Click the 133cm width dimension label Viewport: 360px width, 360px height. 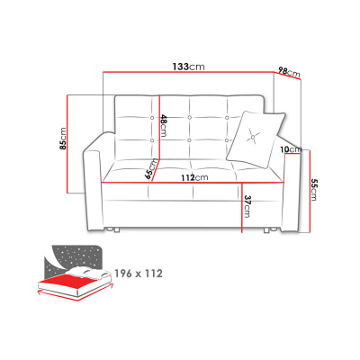(188, 67)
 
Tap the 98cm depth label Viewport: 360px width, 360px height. (289, 72)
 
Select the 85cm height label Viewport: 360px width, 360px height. (62, 139)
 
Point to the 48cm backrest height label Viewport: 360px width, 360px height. (163, 125)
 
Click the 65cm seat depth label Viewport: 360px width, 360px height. (151, 169)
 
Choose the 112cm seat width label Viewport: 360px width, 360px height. (194, 178)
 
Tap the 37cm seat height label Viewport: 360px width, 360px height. (247, 206)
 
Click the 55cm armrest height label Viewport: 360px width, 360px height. (313, 190)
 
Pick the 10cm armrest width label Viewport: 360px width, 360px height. (291, 149)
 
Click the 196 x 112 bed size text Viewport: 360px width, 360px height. (139, 274)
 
